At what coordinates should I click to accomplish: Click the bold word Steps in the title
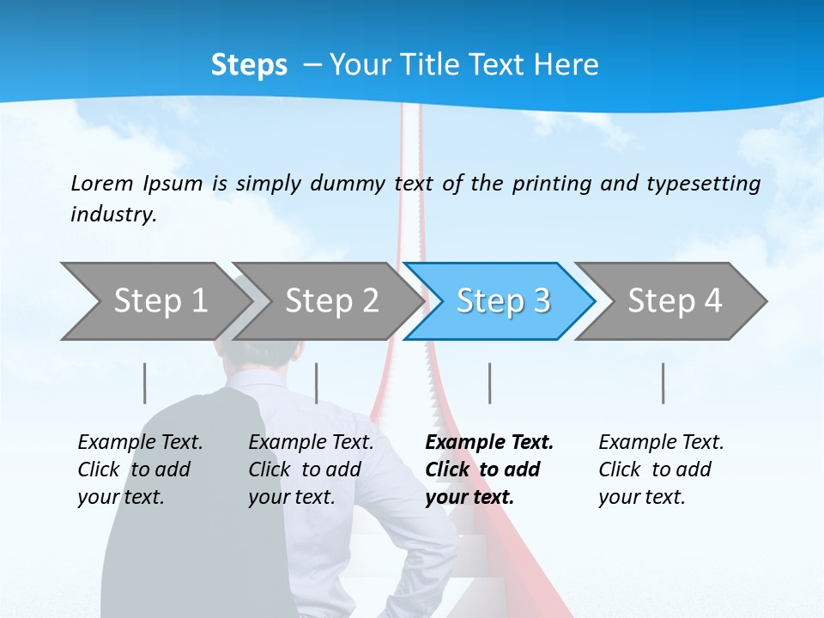249,64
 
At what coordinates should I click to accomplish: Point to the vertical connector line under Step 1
145,383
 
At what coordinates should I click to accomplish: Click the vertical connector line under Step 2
317,383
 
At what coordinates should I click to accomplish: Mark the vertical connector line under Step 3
490,383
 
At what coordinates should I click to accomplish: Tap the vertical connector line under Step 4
663,383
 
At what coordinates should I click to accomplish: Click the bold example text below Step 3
488,470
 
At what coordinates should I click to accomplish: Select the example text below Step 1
139,470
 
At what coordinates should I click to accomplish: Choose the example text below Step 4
660,470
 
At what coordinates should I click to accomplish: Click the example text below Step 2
310,470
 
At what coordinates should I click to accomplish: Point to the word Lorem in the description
102,183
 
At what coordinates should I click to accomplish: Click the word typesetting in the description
703,183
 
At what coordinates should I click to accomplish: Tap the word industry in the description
112,214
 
